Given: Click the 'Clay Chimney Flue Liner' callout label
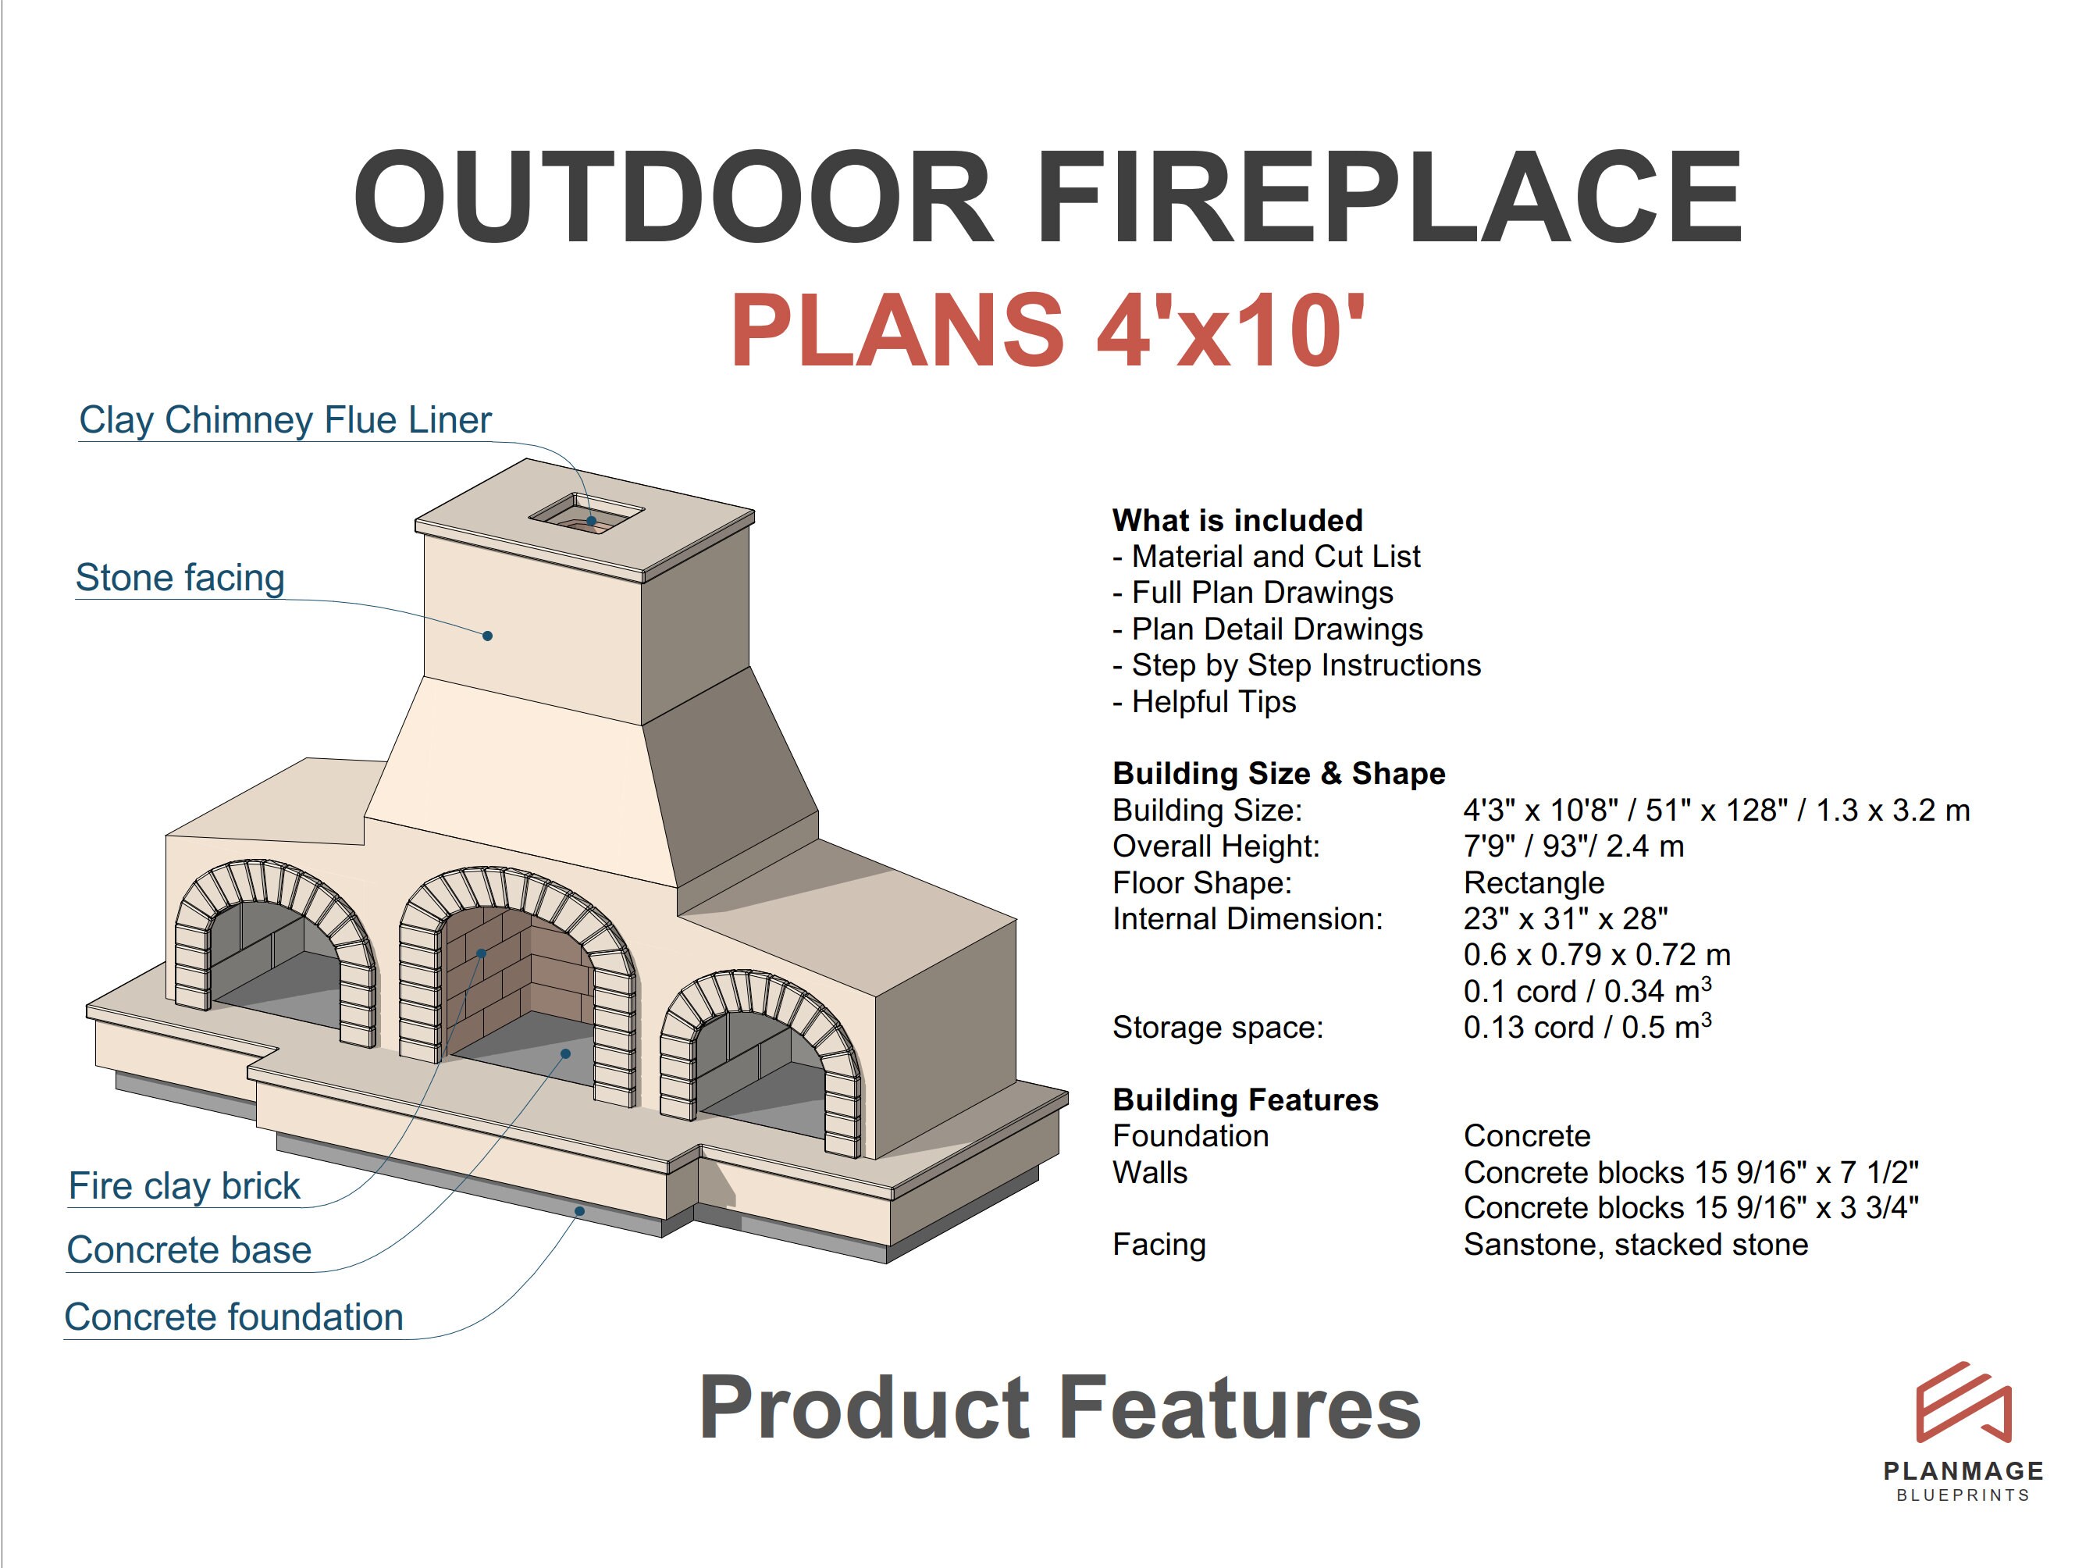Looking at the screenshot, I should coord(285,420).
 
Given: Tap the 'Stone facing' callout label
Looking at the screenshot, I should coord(180,577).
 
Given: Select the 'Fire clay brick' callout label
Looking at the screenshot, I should coord(183,1185).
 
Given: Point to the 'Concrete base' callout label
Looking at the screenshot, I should coord(188,1250).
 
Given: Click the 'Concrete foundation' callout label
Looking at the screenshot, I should coord(233,1317).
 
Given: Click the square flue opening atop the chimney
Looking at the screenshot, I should coord(586,514).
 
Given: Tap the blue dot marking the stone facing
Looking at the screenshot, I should coord(487,636).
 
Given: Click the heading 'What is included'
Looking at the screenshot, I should coord(1237,521).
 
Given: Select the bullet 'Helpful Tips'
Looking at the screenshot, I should coord(1213,702).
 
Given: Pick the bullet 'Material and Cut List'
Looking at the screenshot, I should coord(1275,557).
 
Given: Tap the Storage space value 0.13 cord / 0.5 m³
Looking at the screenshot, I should coord(1587,1027).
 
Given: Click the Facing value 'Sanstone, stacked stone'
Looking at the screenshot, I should coord(1635,1245).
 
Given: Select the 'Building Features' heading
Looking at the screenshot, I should coord(1245,1099).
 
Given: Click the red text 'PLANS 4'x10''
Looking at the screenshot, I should coord(1048,330).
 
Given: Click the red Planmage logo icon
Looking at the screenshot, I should coord(1963,1402).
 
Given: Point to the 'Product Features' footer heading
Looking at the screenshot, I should coord(1059,1408).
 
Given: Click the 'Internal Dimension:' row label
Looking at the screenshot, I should coord(1247,919).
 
